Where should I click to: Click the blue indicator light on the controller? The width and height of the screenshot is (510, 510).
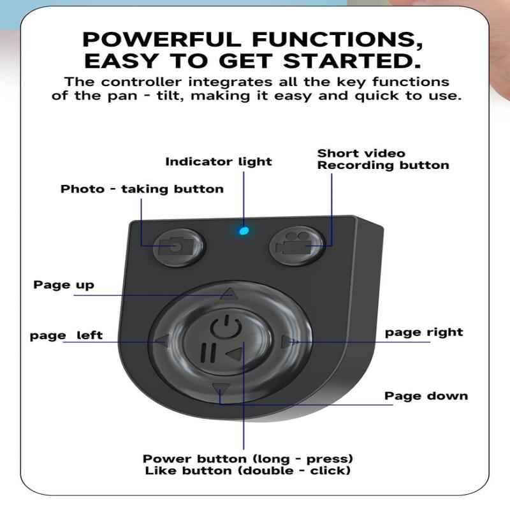tap(243, 230)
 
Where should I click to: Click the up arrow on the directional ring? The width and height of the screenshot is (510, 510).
tap(229, 294)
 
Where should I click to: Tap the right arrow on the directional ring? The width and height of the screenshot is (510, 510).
tap(288, 342)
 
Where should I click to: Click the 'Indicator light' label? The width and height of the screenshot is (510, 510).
tap(219, 161)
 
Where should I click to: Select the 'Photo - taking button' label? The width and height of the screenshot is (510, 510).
tap(142, 189)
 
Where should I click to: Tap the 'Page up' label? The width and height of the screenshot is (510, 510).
tap(64, 284)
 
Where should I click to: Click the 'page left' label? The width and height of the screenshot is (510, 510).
tap(66, 335)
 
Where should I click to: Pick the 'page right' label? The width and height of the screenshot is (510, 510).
tap(424, 332)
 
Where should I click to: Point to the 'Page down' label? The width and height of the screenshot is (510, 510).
tap(426, 396)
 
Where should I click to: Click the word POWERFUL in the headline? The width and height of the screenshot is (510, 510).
tap(163, 40)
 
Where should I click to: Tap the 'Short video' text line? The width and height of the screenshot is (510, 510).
tap(361, 153)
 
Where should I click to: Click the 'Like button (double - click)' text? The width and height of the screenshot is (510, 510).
tap(248, 471)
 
